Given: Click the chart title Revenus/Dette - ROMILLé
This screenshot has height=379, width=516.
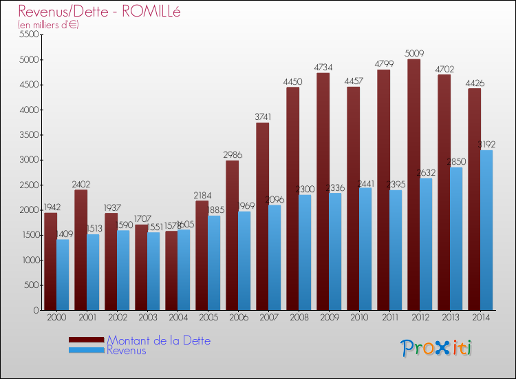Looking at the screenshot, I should (x=99, y=12).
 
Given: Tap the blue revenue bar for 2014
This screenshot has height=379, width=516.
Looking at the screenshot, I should (x=486, y=230).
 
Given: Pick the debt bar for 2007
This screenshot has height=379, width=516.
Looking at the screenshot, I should (x=262, y=216).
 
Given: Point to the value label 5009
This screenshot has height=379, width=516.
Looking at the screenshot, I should (x=413, y=52).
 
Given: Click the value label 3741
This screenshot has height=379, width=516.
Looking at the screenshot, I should (x=262, y=116).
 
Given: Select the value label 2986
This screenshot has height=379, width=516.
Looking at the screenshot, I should (x=232, y=154).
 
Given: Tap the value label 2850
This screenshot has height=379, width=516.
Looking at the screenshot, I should (x=455, y=161).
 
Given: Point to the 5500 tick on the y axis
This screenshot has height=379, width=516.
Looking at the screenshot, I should (x=30, y=34).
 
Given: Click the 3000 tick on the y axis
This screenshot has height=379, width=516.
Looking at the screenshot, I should (x=30, y=160).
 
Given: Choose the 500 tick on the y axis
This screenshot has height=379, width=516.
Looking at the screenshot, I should (x=32, y=285).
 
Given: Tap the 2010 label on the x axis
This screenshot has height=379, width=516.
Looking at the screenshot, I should (x=358, y=318).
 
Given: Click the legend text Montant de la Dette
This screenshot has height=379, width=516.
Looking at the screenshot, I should (x=158, y=340).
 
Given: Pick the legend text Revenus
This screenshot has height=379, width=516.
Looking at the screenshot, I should (x=127, y=350).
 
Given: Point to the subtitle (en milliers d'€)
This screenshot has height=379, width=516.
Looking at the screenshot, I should (x=48, y=25).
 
